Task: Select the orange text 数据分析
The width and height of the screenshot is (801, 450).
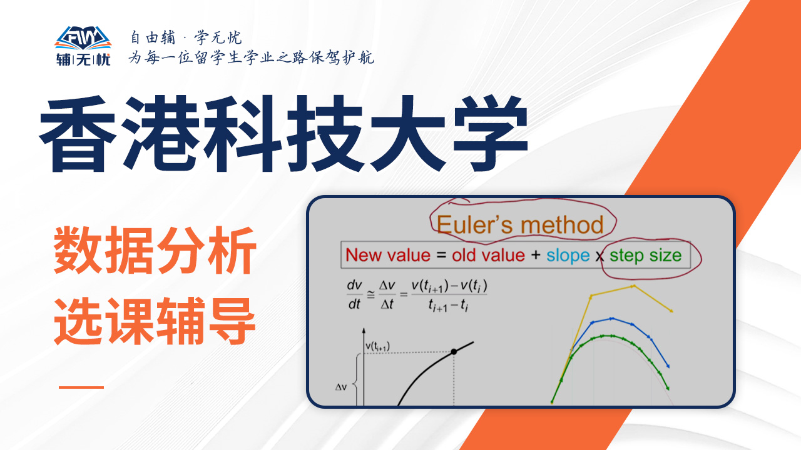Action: pyautogui.click(x=155, y=251)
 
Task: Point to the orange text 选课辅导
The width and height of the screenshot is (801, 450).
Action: pyautogui.click(x=155, y=321)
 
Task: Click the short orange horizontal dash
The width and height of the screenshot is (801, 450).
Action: pyautogui.click(x=81, y=387)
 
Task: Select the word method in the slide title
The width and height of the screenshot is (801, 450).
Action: pyautogui.click(x=562, y=225)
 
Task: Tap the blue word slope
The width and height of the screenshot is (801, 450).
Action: pyautogui.click(x=568, y=256)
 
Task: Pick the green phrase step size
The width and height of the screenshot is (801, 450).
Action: pyautogui.click(x=645, y=256)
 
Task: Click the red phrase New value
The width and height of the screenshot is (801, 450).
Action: pyautogui.click(x=388, y=256)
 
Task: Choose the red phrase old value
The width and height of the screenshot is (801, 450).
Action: pyautogui.click(x=488, y=256)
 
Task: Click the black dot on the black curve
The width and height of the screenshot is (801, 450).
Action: pyautogui.click(x=454, y=352)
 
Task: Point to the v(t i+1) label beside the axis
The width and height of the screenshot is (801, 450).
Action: pyautogui.click(x=377, y=346)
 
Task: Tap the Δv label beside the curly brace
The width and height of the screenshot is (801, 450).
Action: pyautogui.click(x=341, y=387)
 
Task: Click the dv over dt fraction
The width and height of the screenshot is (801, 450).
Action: pyautogui.click(x=354, y=294)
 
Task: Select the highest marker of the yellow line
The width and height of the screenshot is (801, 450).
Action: pyautogui.click(x=633, y=286)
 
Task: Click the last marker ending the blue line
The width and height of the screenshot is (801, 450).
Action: pyautogui.click(x=668, y=366)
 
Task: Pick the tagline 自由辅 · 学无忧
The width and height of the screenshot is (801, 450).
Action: pyautogui.click(x=186, y=37)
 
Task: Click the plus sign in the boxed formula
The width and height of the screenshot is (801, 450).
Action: pyautogui.click(x=536, y=255)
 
